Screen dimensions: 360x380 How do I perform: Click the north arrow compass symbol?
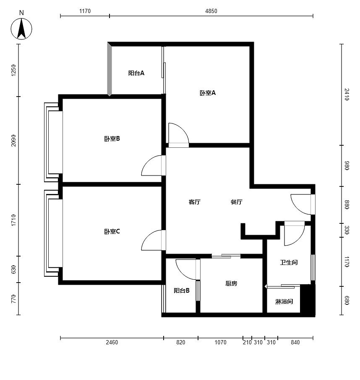click(x=21, y=29)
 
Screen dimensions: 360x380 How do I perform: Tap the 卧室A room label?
click(x=207, y=93)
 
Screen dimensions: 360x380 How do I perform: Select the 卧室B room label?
click(x=112, y=139)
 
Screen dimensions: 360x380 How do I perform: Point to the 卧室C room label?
click(x=112, y=232)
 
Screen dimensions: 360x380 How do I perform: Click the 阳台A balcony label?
click(x=136, y=73)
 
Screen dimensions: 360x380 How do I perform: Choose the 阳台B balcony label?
click(x=182, y=291)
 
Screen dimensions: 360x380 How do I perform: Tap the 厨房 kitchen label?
click(x=231, y=283)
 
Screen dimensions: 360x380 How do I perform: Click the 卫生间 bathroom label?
click(x=289, y=262)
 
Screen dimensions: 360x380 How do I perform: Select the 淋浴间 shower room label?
click(x=284, y=302)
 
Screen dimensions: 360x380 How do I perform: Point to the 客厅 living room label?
click(x=194, y=202)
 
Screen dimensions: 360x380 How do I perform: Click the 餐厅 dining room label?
click(x=237, y=202)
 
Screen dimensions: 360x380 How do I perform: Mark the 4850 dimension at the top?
click(x=211, y=11)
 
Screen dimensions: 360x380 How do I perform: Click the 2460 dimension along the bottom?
click(x=112, y=342)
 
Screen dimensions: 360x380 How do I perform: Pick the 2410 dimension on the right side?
click(x=347, y=94)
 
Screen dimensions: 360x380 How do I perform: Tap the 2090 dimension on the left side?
click(x=13, y=141)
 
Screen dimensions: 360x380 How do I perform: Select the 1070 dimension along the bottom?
click(x=220, y=342)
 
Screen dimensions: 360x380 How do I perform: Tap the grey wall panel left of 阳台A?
click(x=110, y=69)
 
